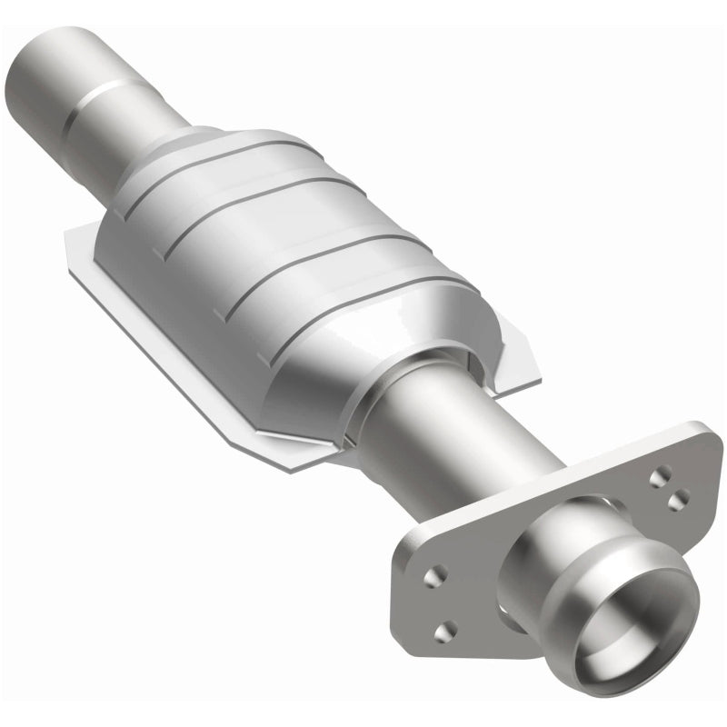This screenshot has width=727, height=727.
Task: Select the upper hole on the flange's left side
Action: [437, 573]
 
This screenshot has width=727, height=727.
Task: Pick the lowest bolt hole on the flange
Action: [445, 631]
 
